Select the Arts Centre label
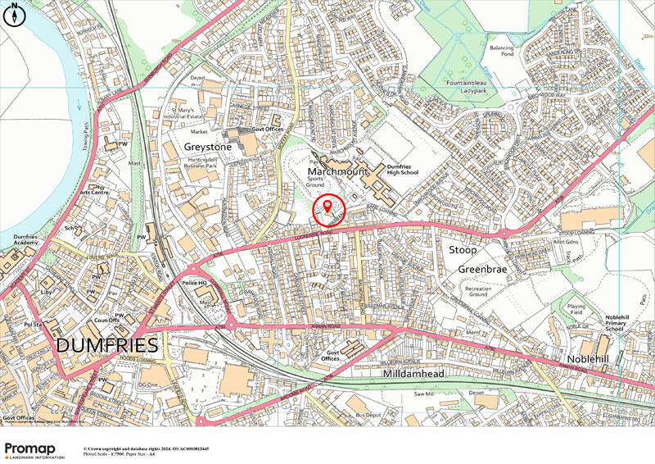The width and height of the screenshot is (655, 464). [97, 193]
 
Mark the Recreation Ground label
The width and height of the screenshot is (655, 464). [478, 293]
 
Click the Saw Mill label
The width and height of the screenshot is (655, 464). [428, 394]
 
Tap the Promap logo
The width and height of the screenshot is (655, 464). [36, 448]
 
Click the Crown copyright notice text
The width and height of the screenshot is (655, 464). [146, 449]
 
